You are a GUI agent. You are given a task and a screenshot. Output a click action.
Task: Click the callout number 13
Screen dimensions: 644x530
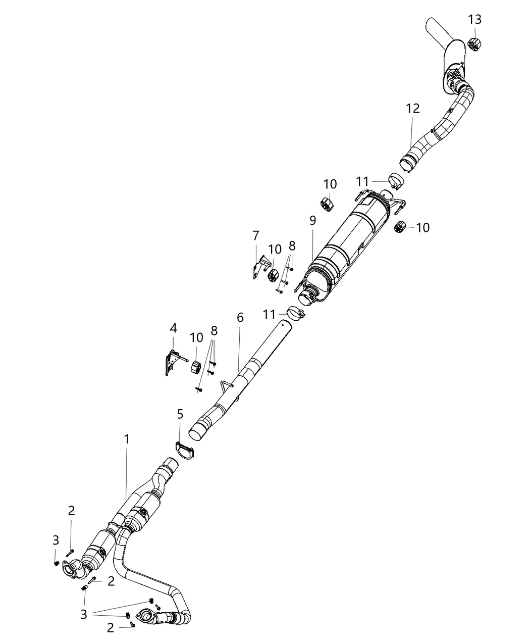click(x=474, y=20)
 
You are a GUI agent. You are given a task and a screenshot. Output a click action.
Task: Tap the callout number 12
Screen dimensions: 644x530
click(x=412, y=109)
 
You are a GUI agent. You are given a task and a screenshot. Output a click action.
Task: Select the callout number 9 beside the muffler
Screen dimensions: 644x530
click(x=313, y=220)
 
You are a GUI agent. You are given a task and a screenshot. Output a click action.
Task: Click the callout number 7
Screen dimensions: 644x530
click(x=256, y=235)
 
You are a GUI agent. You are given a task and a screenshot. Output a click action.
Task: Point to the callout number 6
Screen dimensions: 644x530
click(x=240, y=317)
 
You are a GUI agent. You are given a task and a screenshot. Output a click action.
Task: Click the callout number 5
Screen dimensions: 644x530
click(x=180, y=415)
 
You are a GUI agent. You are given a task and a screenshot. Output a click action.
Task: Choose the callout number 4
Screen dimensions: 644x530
click(x=173, y=328)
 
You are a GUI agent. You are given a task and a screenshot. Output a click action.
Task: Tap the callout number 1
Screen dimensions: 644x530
click(x=127, y=439)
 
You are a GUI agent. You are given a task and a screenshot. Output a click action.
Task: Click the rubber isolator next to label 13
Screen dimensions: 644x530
click(x=474, y=44)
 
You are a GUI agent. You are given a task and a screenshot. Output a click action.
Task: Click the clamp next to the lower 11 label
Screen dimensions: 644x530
click(x=296, y=313)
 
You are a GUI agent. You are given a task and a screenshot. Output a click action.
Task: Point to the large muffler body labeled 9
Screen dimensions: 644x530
click(x=348, y=242)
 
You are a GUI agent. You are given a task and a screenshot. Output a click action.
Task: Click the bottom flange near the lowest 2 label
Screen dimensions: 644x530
click(x=147, y=617)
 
